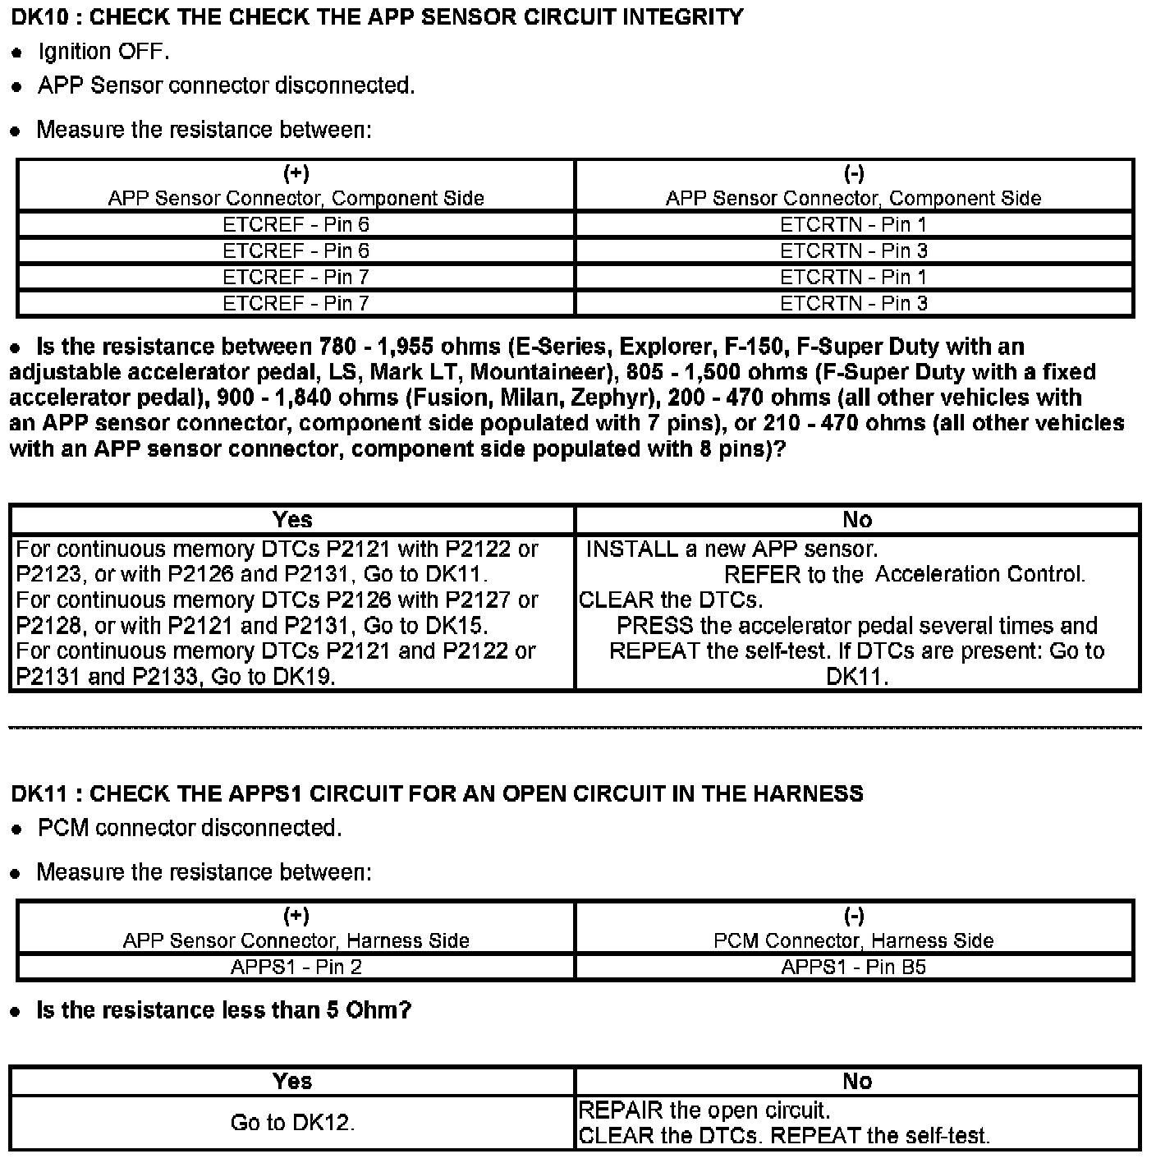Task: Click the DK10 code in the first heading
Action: tap(39, 17)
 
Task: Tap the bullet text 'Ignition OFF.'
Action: tap(103, 52)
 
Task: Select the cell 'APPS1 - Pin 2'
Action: tap(296, 967)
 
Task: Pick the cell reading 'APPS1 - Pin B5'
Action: tap(854, 967)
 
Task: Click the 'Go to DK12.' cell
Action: tap(292, 1123)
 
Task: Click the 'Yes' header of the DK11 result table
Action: tap(292, 1081)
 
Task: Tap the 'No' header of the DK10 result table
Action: tap(857, 519)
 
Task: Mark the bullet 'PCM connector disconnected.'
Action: tap(190, 828)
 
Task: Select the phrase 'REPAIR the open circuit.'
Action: tap(704, 1110)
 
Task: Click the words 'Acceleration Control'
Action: tap(980, 574)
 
